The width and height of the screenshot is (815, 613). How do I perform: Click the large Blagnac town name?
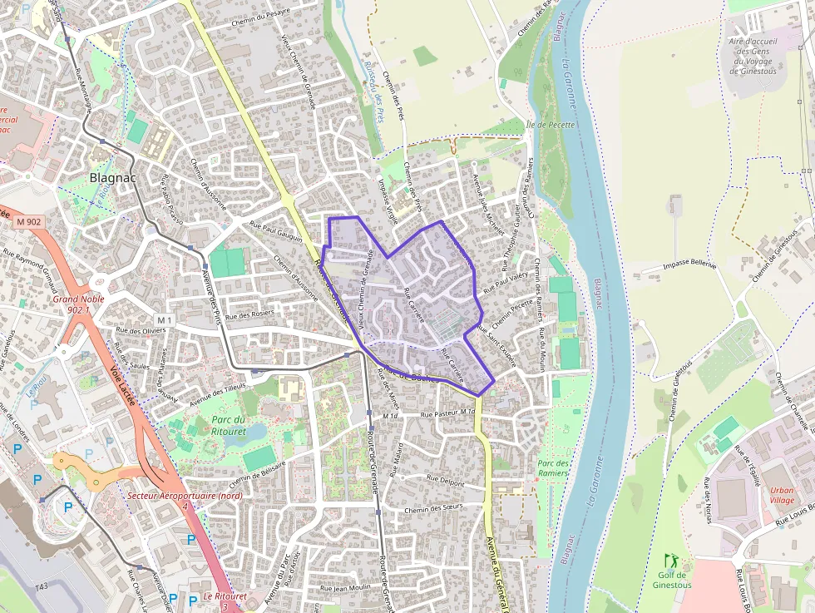coord(112,177)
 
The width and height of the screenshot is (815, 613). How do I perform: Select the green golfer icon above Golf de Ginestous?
coord(671,561)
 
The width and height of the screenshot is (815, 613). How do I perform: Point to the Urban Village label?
coord(782,496)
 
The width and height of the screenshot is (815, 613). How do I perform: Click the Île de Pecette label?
coord(551,125)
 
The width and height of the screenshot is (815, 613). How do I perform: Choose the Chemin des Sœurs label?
coord(432,508)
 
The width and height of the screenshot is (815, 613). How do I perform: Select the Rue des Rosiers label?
coord(249,315)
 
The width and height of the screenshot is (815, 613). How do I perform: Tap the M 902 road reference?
coord(27,221)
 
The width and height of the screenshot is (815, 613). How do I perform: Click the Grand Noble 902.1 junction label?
coord(76,304)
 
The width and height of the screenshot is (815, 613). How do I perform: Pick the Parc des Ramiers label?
coord(553,467)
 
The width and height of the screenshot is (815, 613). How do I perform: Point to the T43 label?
coord(42,588)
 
